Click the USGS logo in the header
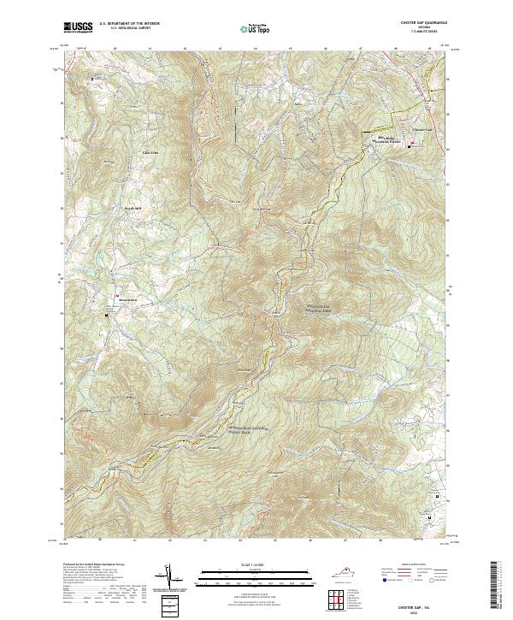coord(78,27)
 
